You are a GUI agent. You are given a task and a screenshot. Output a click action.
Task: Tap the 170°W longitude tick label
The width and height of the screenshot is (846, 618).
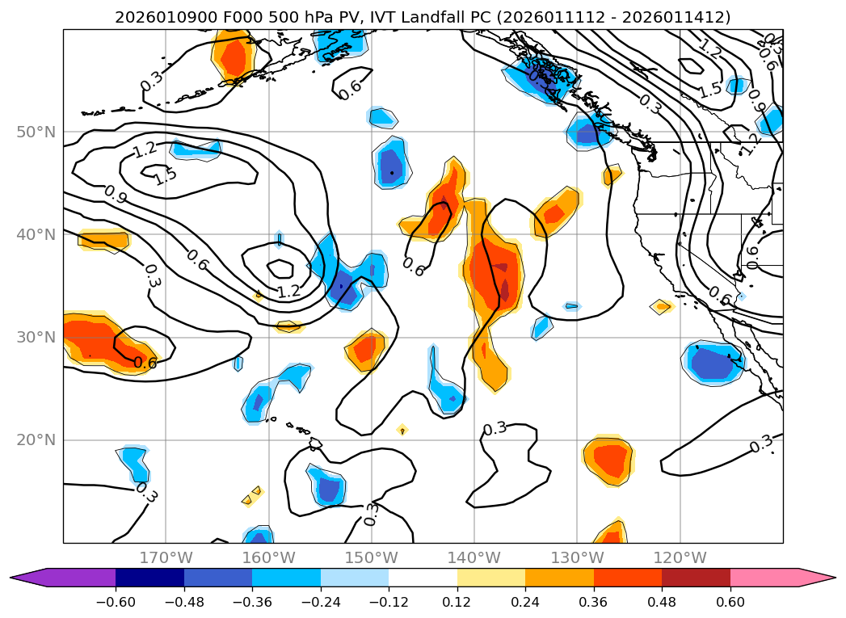166,557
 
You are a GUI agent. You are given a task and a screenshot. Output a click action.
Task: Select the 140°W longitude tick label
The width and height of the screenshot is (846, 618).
474,557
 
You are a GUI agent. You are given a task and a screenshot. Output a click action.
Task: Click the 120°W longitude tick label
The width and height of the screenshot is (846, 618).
680,557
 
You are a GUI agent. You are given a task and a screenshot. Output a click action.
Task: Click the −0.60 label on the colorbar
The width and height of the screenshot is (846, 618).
116,603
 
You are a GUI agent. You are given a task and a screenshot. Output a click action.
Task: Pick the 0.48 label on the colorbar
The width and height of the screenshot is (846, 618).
662,603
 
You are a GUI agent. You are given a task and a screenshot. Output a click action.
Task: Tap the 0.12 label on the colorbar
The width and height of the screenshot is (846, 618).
457,603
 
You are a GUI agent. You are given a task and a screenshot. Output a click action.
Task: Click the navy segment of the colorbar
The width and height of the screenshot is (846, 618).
149,577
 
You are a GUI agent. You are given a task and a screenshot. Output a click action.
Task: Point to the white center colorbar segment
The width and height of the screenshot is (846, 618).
423,577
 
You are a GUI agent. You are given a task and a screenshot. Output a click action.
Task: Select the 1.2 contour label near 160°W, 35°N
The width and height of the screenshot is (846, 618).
288,292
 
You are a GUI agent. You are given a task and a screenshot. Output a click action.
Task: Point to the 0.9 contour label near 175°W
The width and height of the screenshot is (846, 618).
116,194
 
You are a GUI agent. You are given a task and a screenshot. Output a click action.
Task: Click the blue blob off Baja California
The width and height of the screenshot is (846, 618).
712,363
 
